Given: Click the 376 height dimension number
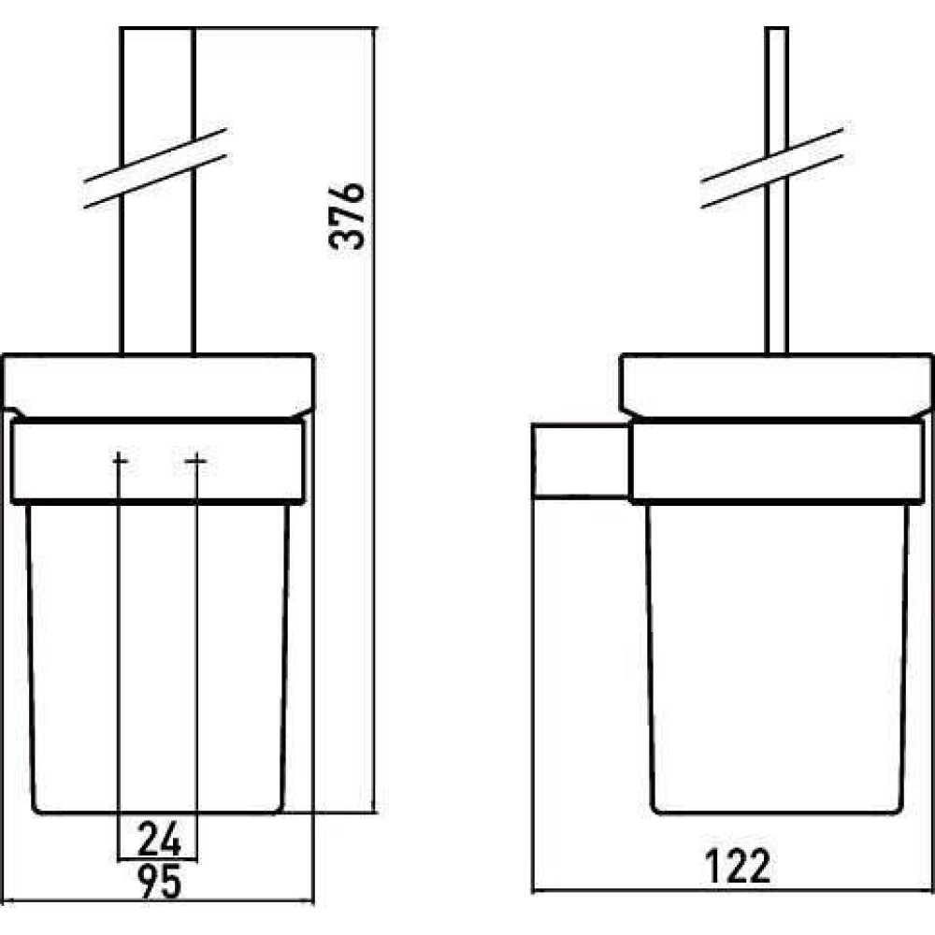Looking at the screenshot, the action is tap(347, 215).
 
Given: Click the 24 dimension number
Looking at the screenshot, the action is tap(159, 838).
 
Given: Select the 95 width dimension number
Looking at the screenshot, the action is tap(159, 882).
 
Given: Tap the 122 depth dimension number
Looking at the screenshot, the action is tap(738, 866).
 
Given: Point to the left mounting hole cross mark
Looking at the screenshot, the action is tap(120, 460).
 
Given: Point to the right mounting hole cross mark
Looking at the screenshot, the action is tap(196, 460).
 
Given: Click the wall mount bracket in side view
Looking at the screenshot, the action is tap(581, 460).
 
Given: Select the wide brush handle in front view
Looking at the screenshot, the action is tap(157, 190).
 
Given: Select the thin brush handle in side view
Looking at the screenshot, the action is tap(776, 190).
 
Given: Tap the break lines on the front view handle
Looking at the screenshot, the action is tap(155, 168).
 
